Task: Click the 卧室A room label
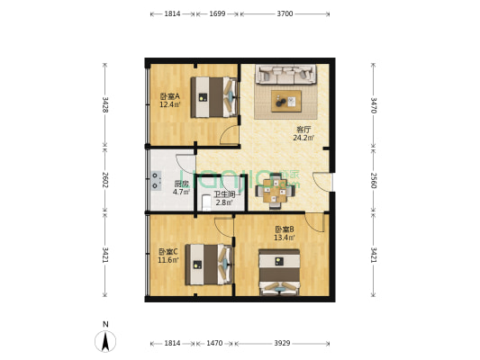(169, 96)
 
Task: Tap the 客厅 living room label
(302, 129)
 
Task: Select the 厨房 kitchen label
(181, 184)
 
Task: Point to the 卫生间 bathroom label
(224, 194)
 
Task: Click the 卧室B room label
(285, 229)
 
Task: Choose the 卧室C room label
(168, 251)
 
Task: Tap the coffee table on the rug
(286, 99)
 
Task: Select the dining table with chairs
(276, 189)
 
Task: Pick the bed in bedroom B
(280, 272)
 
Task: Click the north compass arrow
(105, 341)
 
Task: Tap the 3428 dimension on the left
(105, 104)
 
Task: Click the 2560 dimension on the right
(374, 181)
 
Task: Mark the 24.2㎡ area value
(302, 138)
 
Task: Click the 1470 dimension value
(214, 343)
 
